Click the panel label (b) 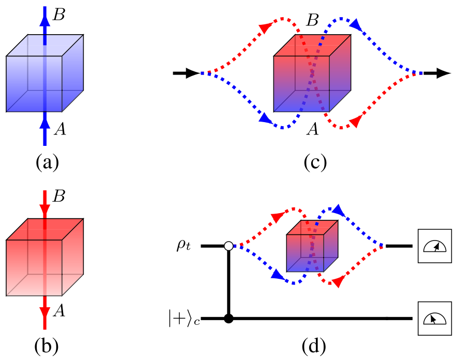click(x=47, y=343)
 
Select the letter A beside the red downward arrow click(x=59, y=311)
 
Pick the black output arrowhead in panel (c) click(x=443, y=73)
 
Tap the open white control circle click(x=228, y=246)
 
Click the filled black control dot click(x=228, y=319)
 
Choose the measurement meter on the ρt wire click(x=433, y=246)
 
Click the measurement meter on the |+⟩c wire click(x=433, y=319)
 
